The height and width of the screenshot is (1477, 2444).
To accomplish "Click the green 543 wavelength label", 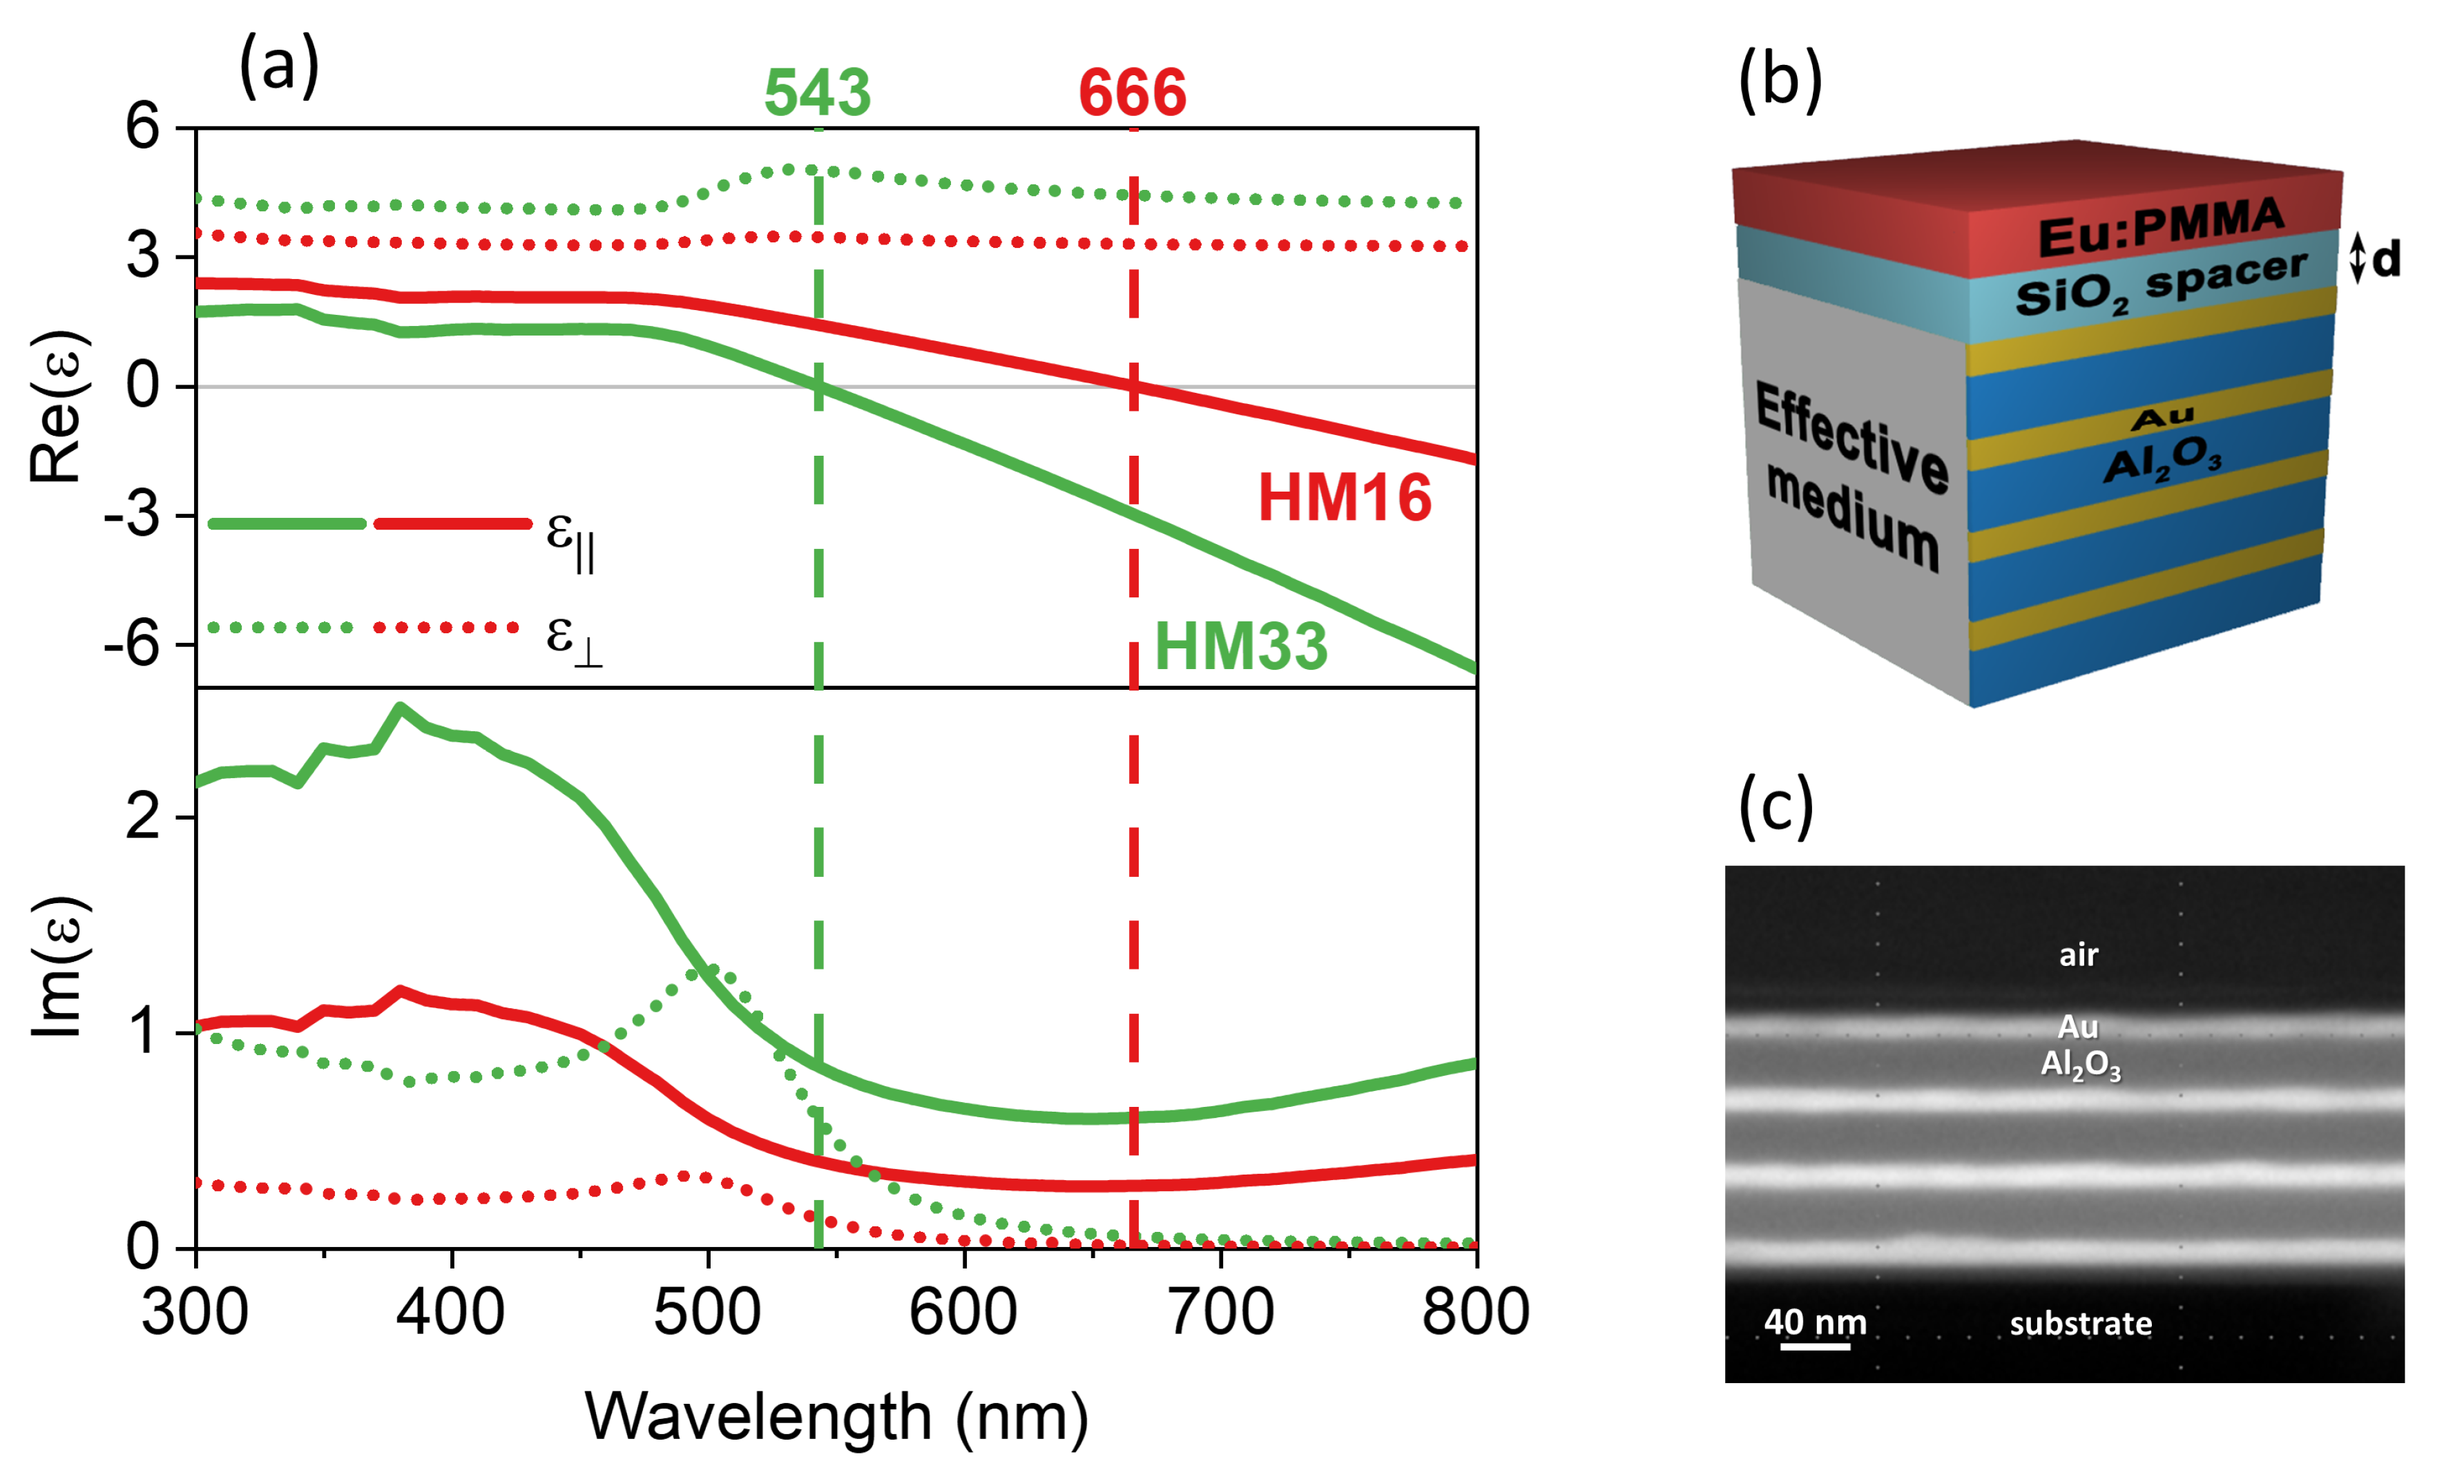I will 816,93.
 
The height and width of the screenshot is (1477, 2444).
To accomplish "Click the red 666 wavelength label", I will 1132,93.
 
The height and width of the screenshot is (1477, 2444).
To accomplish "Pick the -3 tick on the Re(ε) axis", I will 132,516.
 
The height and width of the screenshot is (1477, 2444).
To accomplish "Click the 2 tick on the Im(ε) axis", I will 143,818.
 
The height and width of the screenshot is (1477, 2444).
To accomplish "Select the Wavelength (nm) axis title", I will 836,1416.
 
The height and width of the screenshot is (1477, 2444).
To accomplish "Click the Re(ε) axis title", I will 57,407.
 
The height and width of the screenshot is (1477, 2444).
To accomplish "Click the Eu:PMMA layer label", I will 2160,227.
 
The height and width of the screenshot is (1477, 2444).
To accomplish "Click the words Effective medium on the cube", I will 1851,476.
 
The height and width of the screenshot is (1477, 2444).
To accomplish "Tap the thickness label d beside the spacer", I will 2385,260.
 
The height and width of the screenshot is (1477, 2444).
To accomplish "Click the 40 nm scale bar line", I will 1814,1346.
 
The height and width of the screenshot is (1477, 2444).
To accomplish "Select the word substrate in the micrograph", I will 2080,1323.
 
